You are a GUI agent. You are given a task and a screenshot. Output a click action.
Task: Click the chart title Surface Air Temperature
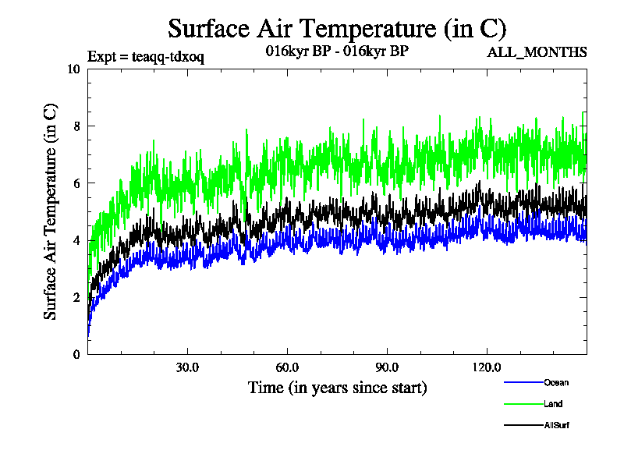point(338,29)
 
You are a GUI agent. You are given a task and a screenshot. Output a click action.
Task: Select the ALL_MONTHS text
point(537,52)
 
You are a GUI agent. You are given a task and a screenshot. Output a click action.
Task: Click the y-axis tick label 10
point(74,69)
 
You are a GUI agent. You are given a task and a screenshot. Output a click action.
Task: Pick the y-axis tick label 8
point(76,126)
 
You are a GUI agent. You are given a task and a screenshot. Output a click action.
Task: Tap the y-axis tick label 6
point(76,183)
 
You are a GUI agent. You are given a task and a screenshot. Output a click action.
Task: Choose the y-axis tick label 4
point(76,240)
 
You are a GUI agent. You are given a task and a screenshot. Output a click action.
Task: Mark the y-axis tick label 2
point(76,297)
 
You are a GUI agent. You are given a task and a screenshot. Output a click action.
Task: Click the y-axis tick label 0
point(76,354)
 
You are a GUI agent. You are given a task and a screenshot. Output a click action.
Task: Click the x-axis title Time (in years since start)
point(337,387)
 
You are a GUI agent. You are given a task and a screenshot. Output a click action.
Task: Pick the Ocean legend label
point(556,383)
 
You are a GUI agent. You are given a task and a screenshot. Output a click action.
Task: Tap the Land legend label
point(553,404)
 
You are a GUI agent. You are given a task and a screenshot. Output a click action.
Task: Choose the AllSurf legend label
point(557,425)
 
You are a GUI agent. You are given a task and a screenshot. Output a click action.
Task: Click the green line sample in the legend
point(523,404)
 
